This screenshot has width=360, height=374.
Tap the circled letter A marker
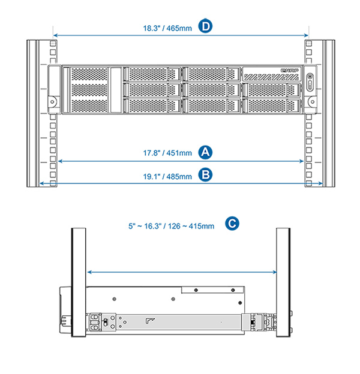(x=206, y=152)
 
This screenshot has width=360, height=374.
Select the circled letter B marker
(x=206, y=176)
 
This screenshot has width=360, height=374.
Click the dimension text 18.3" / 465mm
(x=167, y=28)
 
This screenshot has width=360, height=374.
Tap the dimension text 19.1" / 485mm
(x=167, y=176)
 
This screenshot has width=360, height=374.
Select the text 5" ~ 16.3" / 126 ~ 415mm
(x=171, y=226)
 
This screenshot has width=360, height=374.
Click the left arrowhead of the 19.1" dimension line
(x=41, y=184)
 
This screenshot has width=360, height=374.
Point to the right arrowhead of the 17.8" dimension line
(x=301, y=161)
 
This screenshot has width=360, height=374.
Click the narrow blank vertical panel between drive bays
(x=116, y=90)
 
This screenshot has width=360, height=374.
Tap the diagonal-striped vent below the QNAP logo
(x=270, y=77)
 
